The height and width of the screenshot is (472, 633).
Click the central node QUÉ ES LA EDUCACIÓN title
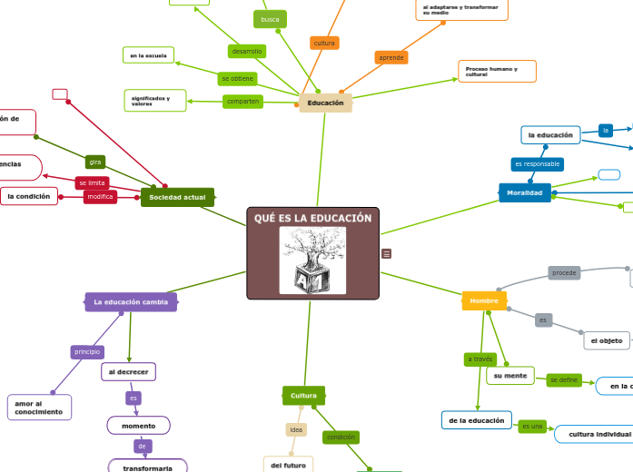[312, 219]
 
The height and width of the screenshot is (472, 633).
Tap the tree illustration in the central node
[312, 260]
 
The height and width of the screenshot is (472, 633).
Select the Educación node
[325, 103]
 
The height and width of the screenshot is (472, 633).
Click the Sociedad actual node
[177, 197]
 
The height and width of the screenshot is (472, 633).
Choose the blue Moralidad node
[524, 192]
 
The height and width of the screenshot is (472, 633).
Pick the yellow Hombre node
[484, 300]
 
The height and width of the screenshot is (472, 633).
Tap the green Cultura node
[303, 396]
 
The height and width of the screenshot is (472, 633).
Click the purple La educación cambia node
[131, 301]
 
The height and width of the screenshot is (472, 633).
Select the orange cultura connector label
[324, 43]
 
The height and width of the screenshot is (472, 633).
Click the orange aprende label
[391, 57]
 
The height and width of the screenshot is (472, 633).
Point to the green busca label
[270, 19]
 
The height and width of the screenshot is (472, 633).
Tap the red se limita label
[92, 182]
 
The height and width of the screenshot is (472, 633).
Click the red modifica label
[100, 197]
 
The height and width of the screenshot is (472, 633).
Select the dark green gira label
[95, 162]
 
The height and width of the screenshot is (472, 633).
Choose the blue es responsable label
[537, 164]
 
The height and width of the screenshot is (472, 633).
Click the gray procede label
[564, 272]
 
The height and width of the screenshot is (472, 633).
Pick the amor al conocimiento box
[38, 408]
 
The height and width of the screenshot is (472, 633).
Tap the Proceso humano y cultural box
[497, 71]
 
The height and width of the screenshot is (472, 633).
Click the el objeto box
[606, 340]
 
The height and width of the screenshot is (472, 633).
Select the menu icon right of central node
[387, 254]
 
